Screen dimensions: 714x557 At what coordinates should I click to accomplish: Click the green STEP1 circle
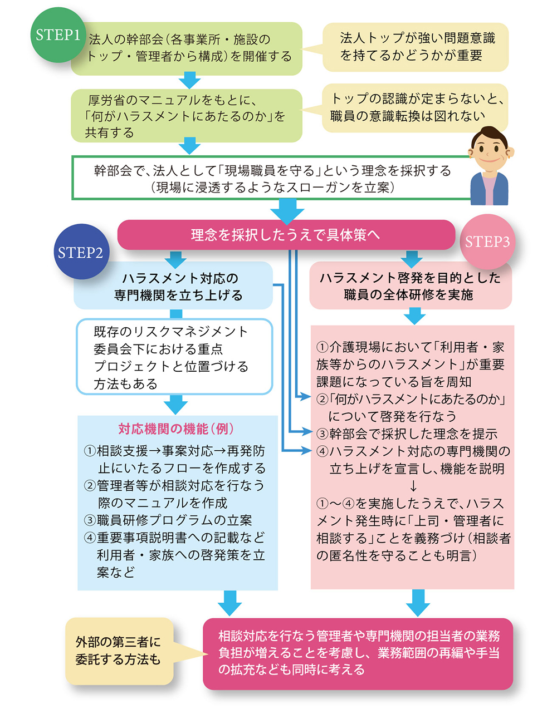(x=57, y=35)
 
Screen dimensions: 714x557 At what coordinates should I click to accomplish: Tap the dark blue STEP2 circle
(x=81, y=252)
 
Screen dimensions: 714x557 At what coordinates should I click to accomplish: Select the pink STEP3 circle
(x=487, y=241)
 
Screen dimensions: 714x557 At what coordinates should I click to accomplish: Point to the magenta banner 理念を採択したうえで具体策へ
(x=286, y=235)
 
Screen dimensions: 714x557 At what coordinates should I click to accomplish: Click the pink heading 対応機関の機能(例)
(x=176, y=429)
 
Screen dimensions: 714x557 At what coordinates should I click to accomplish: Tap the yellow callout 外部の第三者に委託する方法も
(x=118, y=651)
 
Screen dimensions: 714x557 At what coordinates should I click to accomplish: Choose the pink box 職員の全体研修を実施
(x=410, y=286)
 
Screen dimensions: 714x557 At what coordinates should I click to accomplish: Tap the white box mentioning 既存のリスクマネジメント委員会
(x=174, y=357)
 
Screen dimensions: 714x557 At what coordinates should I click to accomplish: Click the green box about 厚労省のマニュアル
(x=186, y=116)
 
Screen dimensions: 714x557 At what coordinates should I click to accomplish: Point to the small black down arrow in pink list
(x=413, y=486)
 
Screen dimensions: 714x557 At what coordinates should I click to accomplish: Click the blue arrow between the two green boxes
(x=189, y=81)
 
